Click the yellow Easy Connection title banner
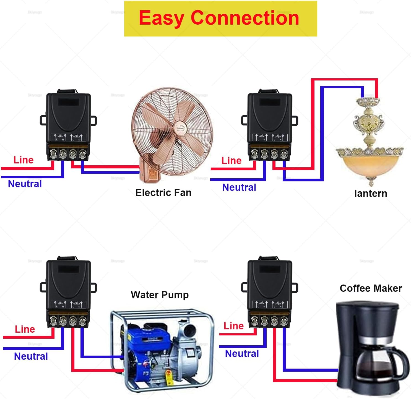[x=220, y=19]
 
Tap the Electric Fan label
[x=163, y=192]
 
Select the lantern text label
[x=370, y=194]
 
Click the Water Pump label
[x=160, y=295]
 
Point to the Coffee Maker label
[x=371, y=288]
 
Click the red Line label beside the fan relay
[x=24, y=160]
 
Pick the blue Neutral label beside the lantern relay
[x=239, y=187]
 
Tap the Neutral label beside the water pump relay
[x=31, y=356]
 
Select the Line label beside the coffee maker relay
[x=233, y=326]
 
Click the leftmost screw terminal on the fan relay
[x=53, y=154]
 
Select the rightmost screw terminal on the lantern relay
[x=284, y=154]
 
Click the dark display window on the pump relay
[x=68, y=269]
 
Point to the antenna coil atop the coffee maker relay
[x=268, y=258]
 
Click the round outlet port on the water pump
[x=190, y=330]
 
